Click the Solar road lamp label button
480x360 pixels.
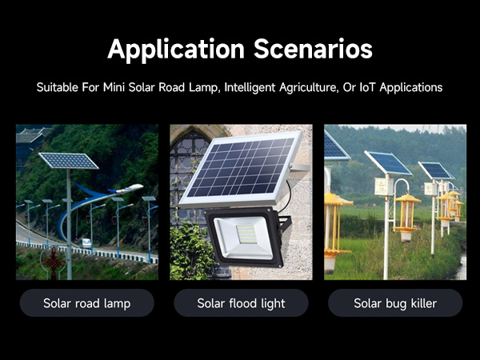[x=86, y=303]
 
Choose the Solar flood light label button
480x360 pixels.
[x=241, y=303]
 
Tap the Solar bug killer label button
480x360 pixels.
[x=395, y=303]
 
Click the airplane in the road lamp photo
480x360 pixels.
[x=128, y=190]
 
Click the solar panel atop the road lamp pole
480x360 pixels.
[x=68, y=161]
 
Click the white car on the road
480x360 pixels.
[x=86, y=242]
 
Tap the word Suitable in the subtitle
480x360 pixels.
[x=58, y=86]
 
